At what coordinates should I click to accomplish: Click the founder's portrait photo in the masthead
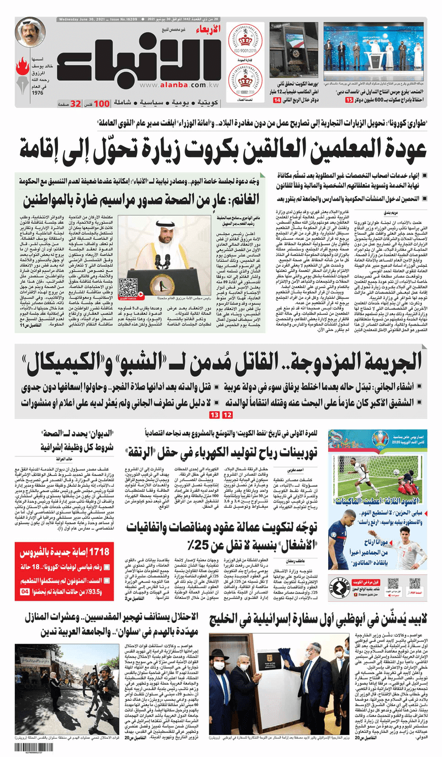tap(30, 33)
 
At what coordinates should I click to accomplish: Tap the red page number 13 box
tap(214, 414)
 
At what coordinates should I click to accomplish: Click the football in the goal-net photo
tap(396, 472)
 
